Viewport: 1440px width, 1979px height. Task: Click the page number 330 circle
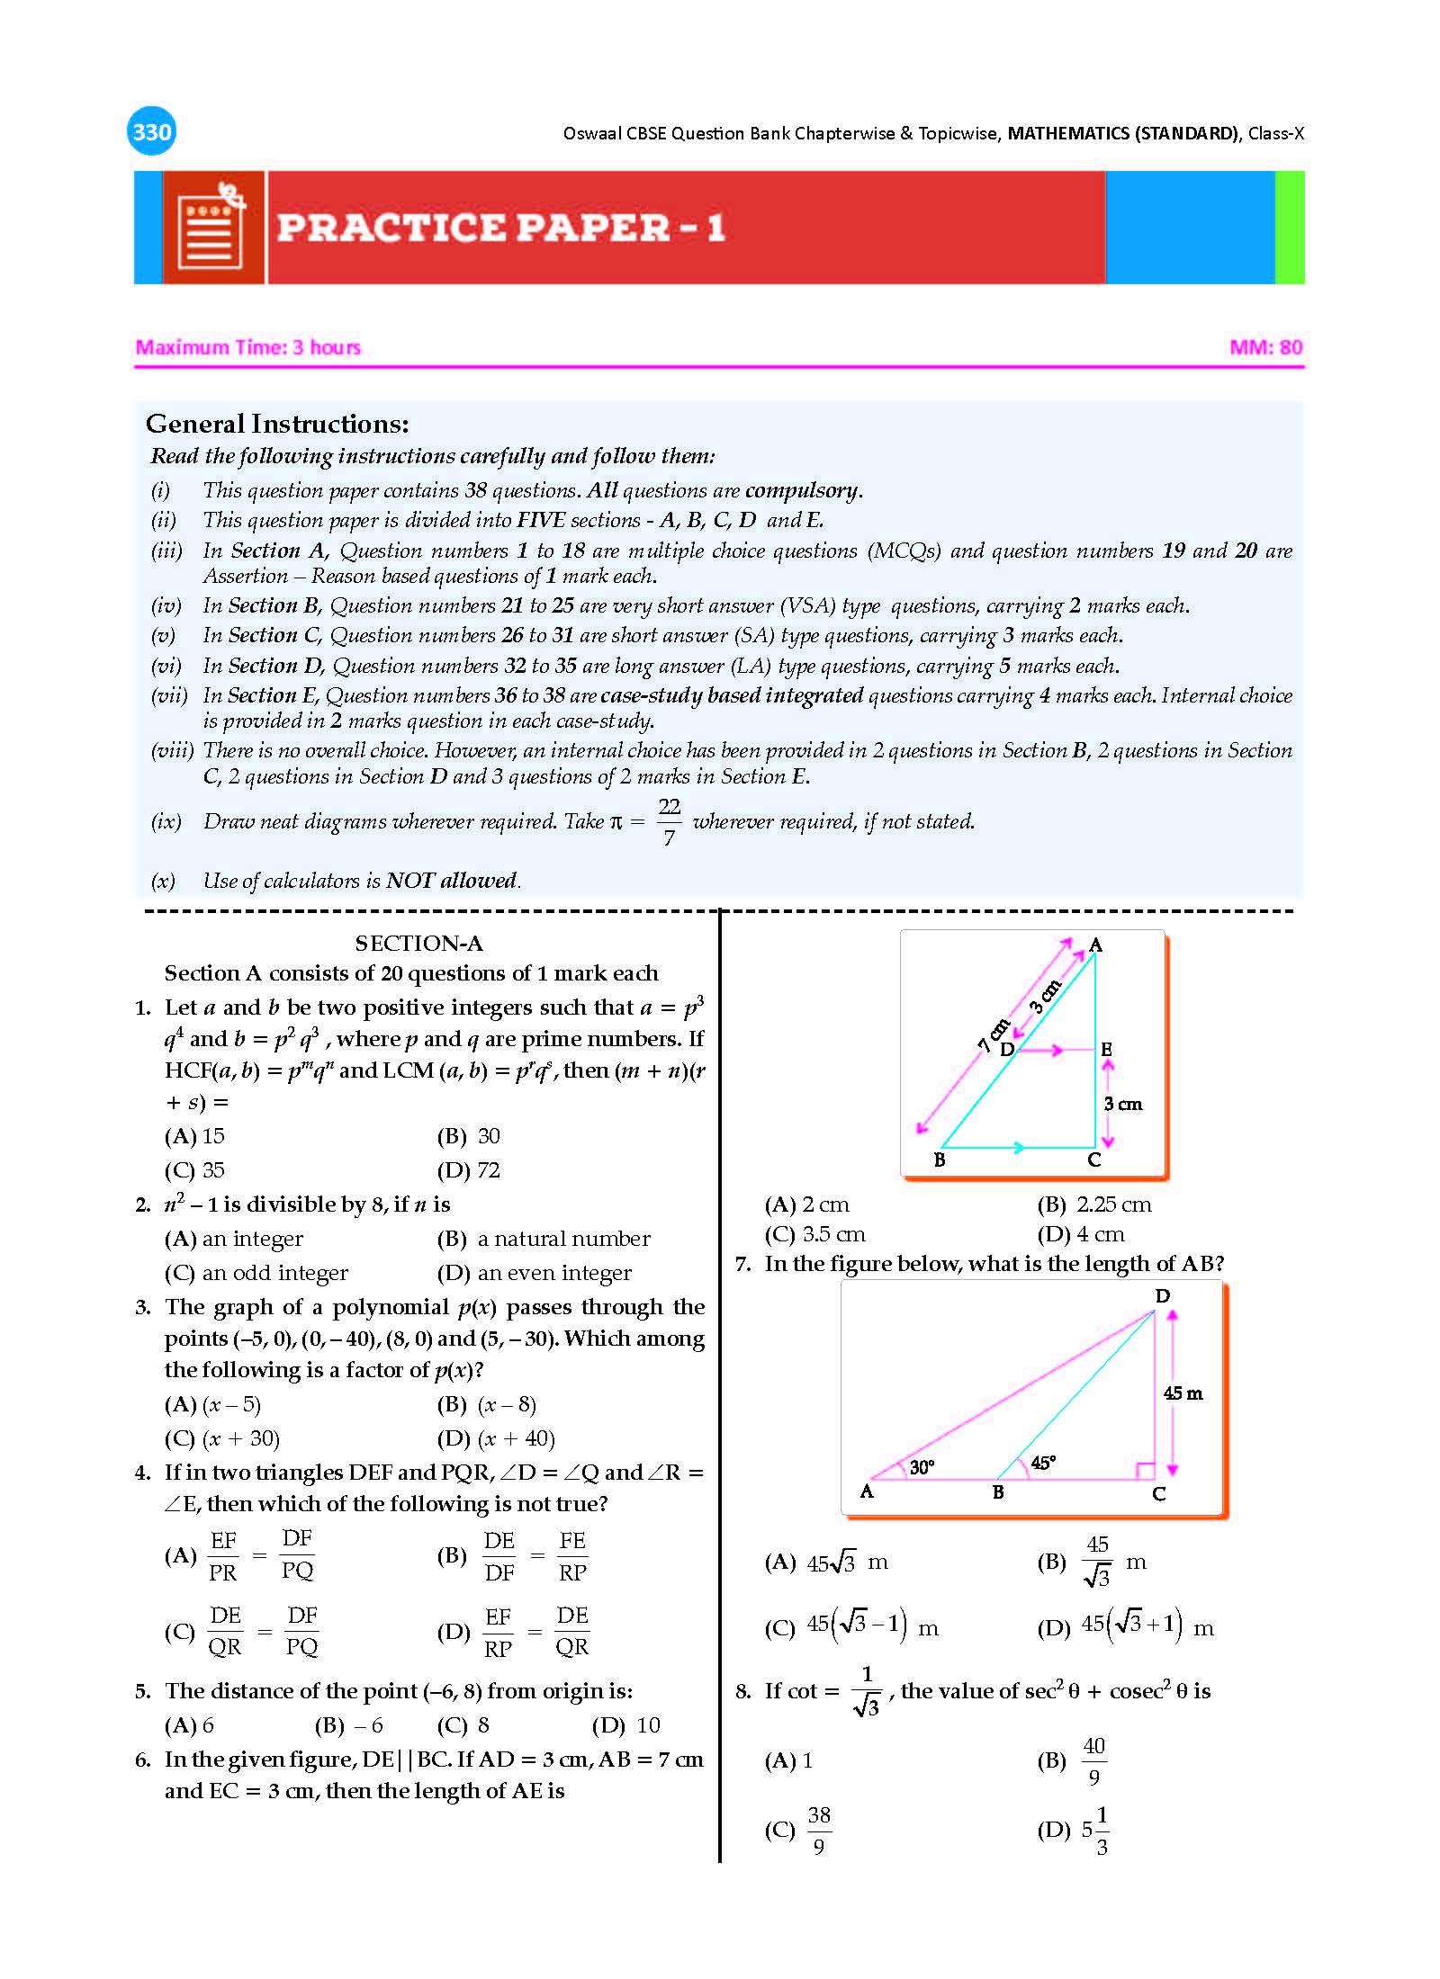tap(151, 132)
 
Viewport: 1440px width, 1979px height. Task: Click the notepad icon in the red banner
tap(212, 228)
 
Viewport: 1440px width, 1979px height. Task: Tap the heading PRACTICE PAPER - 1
tap(500, 228)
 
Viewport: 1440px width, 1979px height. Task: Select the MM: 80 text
tap(1265, 347)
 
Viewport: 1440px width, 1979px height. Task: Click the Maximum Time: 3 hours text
tap(248, 347)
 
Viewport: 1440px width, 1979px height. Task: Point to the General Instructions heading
tap(277, 424)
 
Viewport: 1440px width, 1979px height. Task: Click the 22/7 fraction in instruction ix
tap(669, 821)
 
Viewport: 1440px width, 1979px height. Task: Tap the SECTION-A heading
tap(418, 943)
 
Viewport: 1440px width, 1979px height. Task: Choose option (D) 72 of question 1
tap(469, 1170)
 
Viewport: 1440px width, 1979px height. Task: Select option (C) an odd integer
tap(256, 1273)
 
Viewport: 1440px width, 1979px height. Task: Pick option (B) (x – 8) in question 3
tap(487, 1404)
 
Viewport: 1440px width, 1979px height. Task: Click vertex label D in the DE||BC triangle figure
tap(1007, 1049)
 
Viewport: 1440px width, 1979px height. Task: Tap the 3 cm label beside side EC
tap(1122, 1104)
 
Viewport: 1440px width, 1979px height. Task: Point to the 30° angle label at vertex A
tap(922, 1467)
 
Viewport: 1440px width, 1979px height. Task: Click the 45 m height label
tap(1183, 1393)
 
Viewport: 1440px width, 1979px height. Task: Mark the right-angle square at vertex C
tap(1145, 1471)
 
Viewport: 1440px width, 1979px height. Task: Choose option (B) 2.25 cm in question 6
tap(1094, 1204)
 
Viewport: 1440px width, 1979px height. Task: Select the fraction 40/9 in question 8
tap(1093, 1760)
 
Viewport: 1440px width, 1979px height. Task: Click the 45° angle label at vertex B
tap(1042, 1463)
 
